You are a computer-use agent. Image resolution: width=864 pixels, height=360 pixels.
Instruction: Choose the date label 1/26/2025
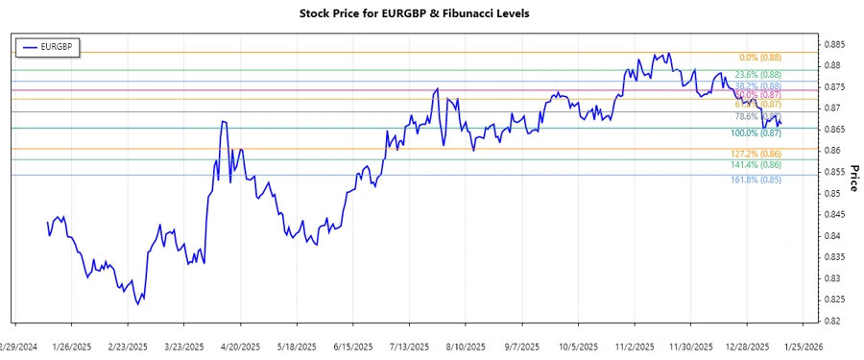[x=71, y=346]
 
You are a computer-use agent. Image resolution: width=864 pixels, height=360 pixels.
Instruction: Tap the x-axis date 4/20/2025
[x=241, y=346]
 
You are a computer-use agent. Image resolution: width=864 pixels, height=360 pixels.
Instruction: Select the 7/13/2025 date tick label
[x=410, y=346]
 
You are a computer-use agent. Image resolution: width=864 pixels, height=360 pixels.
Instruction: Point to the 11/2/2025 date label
[x=636, y=346]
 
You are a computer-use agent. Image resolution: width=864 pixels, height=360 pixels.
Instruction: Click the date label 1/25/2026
[x=804, y=346]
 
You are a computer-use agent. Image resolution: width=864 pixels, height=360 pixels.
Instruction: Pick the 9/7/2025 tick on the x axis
[x=522, y=346]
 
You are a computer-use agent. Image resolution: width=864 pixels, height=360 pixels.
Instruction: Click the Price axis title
[x=852, y=178]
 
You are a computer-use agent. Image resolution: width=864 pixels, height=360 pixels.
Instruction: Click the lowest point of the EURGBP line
[x=137, y=303]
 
